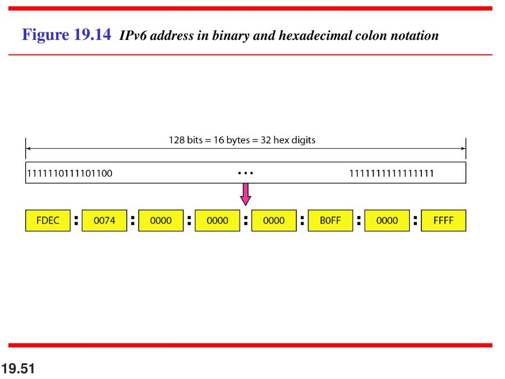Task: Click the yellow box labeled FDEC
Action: click(x=48, y=221)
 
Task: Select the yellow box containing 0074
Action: click(x=104, y=221)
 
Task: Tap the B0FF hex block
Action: click(x=330, y=221)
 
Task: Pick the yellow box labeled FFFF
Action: click(x=443, y=221)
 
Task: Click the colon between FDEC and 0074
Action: click(x=76, y=221)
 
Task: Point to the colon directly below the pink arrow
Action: click(x=246, y=221)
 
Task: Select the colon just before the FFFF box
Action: click(x=415, y=221)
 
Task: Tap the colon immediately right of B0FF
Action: click(x=359, y=221)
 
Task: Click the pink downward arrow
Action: click(x=245, y=194)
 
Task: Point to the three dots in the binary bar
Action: click(x=245, y=173)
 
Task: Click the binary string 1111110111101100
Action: click(x=70, y=173)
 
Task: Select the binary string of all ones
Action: click(x=392, y=173)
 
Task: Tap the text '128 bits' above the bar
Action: click(x=186, y=140)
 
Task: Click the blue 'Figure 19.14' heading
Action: click(x=66, y=34)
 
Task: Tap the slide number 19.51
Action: click(x=18, y=369)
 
